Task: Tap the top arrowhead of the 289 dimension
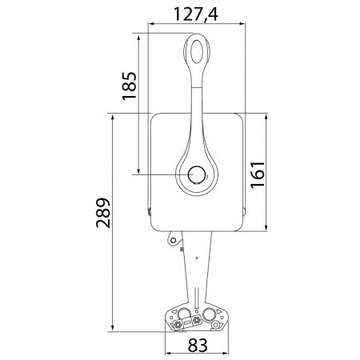click(113, 117)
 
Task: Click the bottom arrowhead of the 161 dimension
click(264, 229)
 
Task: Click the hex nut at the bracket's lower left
click(176, 324)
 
